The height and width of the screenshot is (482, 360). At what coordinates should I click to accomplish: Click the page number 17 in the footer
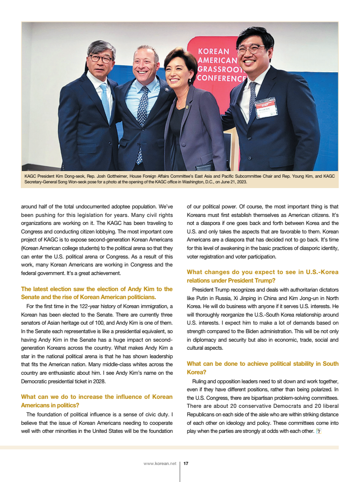(x=186, y=464)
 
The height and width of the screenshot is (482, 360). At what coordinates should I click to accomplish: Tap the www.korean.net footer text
(x=160, y=464)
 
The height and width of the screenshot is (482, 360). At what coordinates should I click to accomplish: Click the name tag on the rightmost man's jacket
(x=266, y=107)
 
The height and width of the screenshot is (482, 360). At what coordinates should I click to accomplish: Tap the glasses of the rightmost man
(x=250, y=49)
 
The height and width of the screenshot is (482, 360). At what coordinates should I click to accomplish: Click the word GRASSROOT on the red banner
(x=222, y=69)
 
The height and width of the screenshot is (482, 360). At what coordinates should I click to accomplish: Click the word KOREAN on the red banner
(x=214, y=52)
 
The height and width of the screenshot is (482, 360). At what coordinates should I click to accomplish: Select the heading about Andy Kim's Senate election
(x=97, y=293)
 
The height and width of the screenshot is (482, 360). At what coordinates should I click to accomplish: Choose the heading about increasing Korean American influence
(x=97, y=401)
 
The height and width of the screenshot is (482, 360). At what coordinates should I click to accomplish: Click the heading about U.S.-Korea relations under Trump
(x=262, y=276)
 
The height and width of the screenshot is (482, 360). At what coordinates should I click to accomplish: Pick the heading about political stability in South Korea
(x=262, y=368)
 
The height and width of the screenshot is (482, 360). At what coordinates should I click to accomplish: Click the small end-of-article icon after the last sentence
(x=318, y=431)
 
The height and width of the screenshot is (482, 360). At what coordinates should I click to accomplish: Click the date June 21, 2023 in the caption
(x=232, y=181)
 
